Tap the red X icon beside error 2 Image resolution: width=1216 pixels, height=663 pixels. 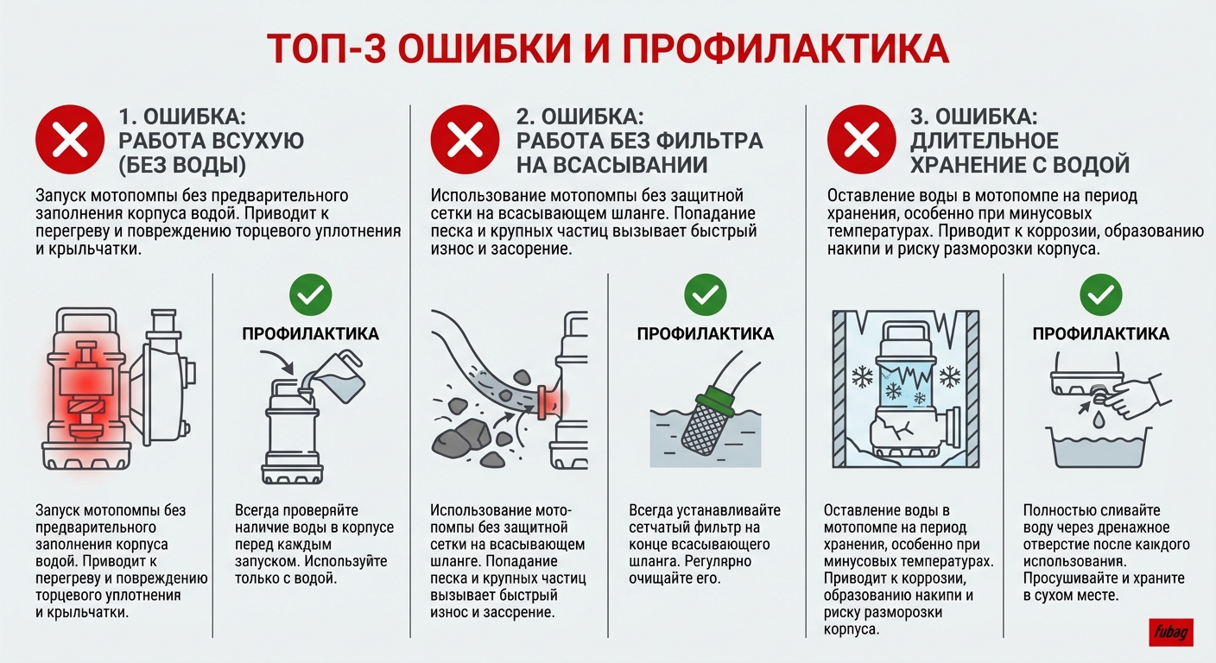pos(466,141)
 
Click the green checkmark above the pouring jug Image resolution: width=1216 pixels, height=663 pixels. pos(310,295)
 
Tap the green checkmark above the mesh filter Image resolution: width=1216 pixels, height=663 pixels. pos(706,295)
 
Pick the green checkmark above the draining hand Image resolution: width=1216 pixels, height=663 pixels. pos(1101,295)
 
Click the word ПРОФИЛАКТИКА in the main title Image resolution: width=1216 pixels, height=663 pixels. pos(786,50)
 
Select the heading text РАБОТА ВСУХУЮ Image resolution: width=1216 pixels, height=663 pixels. pos(211,141)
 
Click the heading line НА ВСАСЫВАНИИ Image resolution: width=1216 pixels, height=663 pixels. pos(612,165)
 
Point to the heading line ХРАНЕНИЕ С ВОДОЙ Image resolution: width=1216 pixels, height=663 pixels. pos(1020,165)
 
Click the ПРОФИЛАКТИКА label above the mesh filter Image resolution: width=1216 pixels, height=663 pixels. pos(706,334)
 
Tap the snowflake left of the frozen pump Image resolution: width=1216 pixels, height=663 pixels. pos(862,376)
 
